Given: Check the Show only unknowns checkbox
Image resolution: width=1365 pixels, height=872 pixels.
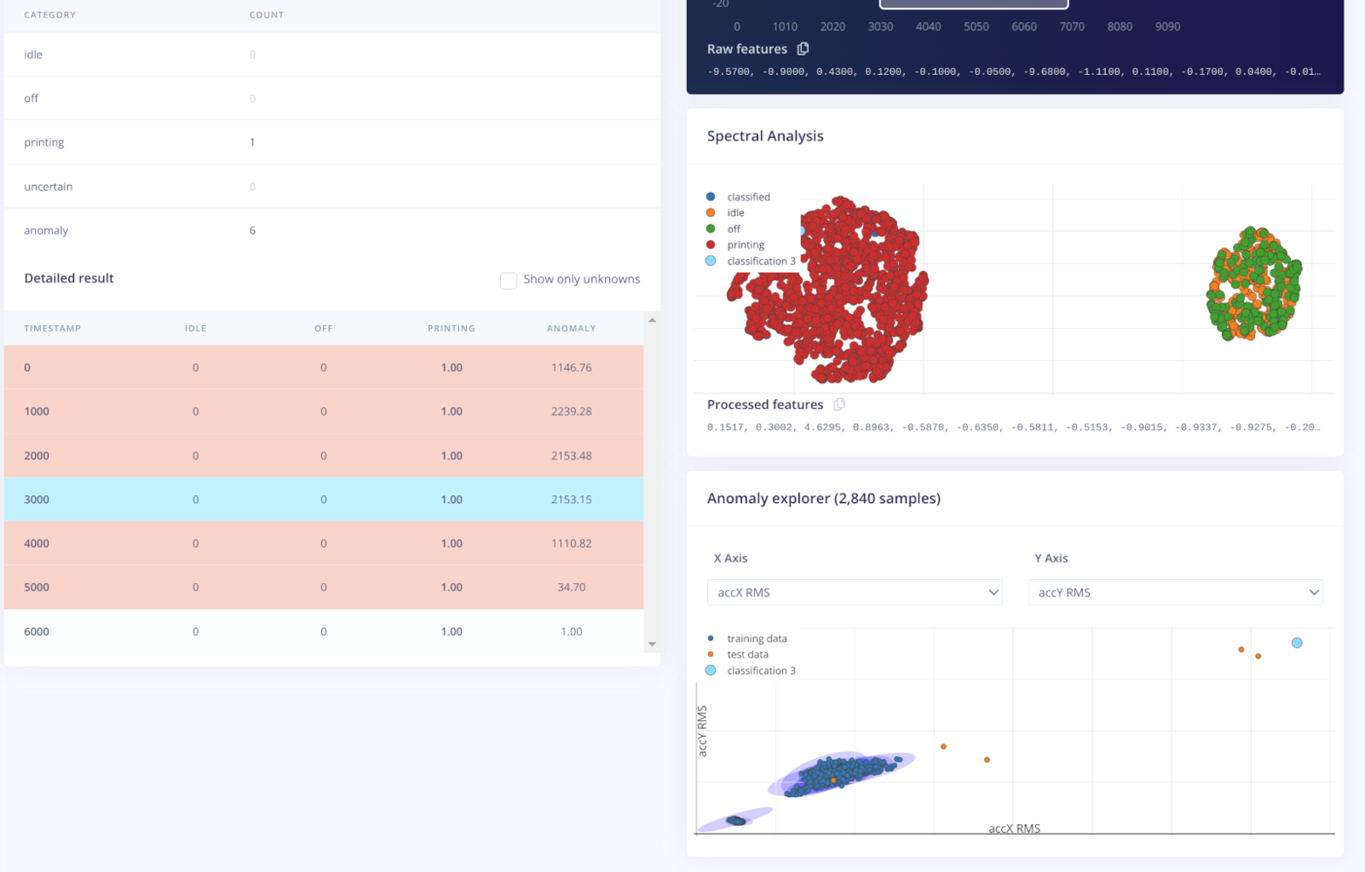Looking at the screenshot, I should [x=508, y=280].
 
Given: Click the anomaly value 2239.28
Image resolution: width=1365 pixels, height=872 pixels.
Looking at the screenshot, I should [x=571, y=412].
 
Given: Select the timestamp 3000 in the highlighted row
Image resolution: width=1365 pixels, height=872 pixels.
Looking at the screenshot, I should [x=37, y=500].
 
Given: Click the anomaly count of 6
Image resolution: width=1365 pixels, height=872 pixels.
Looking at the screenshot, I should [x=252, y=230].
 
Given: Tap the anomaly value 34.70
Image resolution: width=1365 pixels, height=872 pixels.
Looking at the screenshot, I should [x=571, y=588].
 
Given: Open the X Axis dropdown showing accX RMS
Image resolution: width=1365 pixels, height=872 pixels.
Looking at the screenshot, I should [x=854, y=592].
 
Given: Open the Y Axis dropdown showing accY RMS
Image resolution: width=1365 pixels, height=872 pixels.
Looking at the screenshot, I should [x=1175, y=592].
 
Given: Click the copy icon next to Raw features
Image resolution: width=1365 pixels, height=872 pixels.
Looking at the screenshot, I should [x=803, y=49].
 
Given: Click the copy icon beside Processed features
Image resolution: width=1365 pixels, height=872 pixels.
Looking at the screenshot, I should [x=839, y=405].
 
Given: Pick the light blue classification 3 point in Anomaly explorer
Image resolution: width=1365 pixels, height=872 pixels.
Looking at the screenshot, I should [x=1297, y=643].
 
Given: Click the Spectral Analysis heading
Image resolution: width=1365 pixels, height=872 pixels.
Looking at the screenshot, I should [x=765, y=136].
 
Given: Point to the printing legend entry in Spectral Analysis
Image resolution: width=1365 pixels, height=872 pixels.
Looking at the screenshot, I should [x=745, y=245].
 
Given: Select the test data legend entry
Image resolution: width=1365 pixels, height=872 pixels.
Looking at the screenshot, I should [x=747, y=655].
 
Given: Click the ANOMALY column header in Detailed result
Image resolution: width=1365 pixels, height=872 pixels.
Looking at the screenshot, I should [x=571, y=329].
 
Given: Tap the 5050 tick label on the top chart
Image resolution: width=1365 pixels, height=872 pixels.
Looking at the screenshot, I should [x=976, y=27].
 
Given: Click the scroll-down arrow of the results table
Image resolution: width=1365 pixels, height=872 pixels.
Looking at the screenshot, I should [x=652, y=644].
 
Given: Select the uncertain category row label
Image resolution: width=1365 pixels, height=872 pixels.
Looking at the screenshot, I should [x=48, y=187].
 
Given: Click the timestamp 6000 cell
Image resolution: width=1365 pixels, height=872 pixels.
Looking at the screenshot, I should [x=37, y=631].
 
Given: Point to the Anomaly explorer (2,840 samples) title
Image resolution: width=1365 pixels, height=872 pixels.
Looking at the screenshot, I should [x=823, y=499].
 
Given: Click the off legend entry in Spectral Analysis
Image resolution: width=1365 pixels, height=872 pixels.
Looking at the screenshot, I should [x=733, y=229].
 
